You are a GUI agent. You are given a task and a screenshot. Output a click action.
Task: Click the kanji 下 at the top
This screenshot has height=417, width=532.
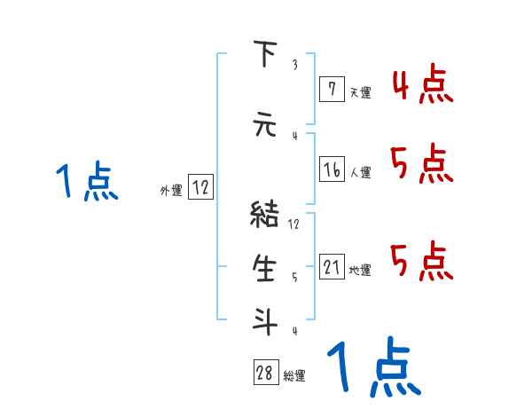[264, 55]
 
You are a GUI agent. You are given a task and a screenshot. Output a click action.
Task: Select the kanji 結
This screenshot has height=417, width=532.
[264, 214]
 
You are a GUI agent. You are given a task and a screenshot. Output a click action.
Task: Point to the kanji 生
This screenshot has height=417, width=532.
[264, 268]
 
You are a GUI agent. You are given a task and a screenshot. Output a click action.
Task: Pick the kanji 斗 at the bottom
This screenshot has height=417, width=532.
[264, 320]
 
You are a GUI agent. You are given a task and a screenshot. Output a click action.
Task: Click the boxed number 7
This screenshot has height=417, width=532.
[332, 89]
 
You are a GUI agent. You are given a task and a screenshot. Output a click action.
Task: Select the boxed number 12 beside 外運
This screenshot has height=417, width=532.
[201, 188]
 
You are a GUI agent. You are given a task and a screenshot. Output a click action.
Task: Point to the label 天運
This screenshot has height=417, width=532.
[360, 91]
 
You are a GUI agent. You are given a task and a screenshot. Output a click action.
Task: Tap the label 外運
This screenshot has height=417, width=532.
[171, 190]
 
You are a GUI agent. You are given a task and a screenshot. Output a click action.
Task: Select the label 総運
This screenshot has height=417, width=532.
[294, 376]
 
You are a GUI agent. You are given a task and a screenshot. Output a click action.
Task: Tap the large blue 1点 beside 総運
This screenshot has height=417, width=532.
[373, 366]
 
